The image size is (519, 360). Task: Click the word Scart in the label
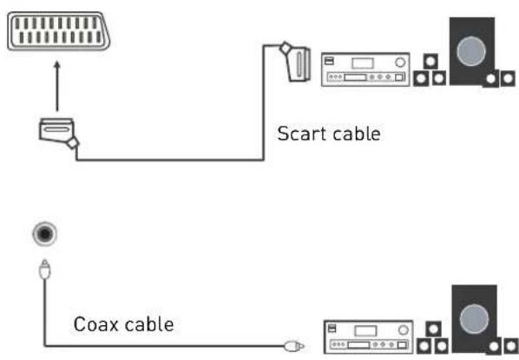pos(299,135)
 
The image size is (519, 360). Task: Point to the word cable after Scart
pos(354,135)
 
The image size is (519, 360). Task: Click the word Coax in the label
pos(92,325)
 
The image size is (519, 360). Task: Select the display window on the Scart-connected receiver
pos(358,62)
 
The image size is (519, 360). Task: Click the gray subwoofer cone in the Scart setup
pos(470,49)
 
